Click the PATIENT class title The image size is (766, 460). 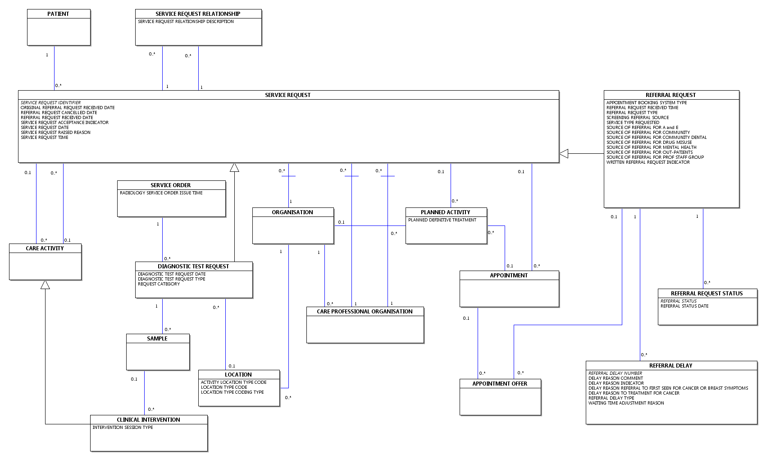tap(58, 14)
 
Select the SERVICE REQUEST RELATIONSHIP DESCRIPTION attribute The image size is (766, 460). tap(186, 21)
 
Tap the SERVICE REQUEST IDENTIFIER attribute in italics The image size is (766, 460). tap(50, 103)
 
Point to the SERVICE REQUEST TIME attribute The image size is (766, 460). tap(45, 137)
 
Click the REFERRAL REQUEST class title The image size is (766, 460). tap(670, 95)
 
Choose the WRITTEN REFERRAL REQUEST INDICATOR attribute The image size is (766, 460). tap(648, 162)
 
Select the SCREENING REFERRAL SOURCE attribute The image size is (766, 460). tap(638, 117)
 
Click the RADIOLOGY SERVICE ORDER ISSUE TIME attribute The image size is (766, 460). tap(161, 193)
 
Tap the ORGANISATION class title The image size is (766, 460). tap(292, 212)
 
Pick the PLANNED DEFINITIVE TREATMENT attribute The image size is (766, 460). tap(442, 220)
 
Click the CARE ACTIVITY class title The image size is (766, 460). tap(45, 248)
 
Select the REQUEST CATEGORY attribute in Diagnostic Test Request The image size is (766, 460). tap(159, 284)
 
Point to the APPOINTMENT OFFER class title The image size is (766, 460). tap(500, 384)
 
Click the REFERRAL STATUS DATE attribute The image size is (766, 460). tap(684, 306)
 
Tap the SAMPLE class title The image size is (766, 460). tap(157, 339)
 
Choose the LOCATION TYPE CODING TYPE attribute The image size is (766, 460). tap(232, 392)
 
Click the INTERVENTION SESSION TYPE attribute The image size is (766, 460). tap(123, 427)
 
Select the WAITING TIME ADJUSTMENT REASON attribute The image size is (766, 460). tap(626, 403)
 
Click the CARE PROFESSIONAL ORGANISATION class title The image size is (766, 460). tap(365, 312)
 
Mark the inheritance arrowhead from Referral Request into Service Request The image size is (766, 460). tap(564, 154)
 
